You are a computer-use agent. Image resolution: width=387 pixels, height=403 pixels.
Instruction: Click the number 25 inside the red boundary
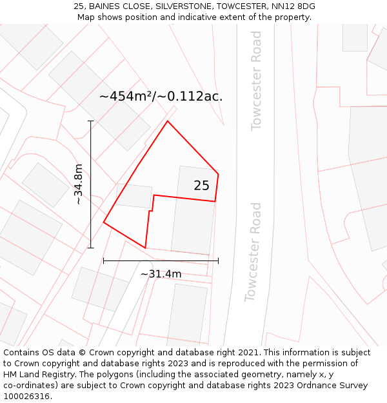pos(201,186)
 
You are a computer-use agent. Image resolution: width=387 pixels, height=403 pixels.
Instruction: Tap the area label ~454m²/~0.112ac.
pos(161,97)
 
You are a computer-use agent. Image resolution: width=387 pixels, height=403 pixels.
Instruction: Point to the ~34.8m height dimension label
pos(78,184)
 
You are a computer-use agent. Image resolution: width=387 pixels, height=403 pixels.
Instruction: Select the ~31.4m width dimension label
pos(161,274)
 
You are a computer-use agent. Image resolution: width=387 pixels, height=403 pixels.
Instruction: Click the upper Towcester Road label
pos(256,80)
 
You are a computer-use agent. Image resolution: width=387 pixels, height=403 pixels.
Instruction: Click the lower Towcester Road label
pos(253,252)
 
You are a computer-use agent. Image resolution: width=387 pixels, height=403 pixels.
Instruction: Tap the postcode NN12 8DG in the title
pos(293,6)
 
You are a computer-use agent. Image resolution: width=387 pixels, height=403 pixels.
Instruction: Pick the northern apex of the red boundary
pos(168,121)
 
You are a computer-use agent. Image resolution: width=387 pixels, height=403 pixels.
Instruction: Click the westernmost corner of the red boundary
pos(104,223)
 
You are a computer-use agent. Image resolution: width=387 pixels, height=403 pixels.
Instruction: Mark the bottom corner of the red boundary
pos(146,248)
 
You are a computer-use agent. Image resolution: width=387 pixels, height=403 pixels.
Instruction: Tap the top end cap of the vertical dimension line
pos(91,121)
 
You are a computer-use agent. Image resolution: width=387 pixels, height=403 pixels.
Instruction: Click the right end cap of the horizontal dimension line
pos(218,260)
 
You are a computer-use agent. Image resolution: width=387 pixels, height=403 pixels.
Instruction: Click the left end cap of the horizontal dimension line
pos(104,260)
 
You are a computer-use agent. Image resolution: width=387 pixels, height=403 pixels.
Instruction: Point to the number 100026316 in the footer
pos(26,397)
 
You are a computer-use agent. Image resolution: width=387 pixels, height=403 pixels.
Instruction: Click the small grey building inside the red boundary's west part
pos(134,196)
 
